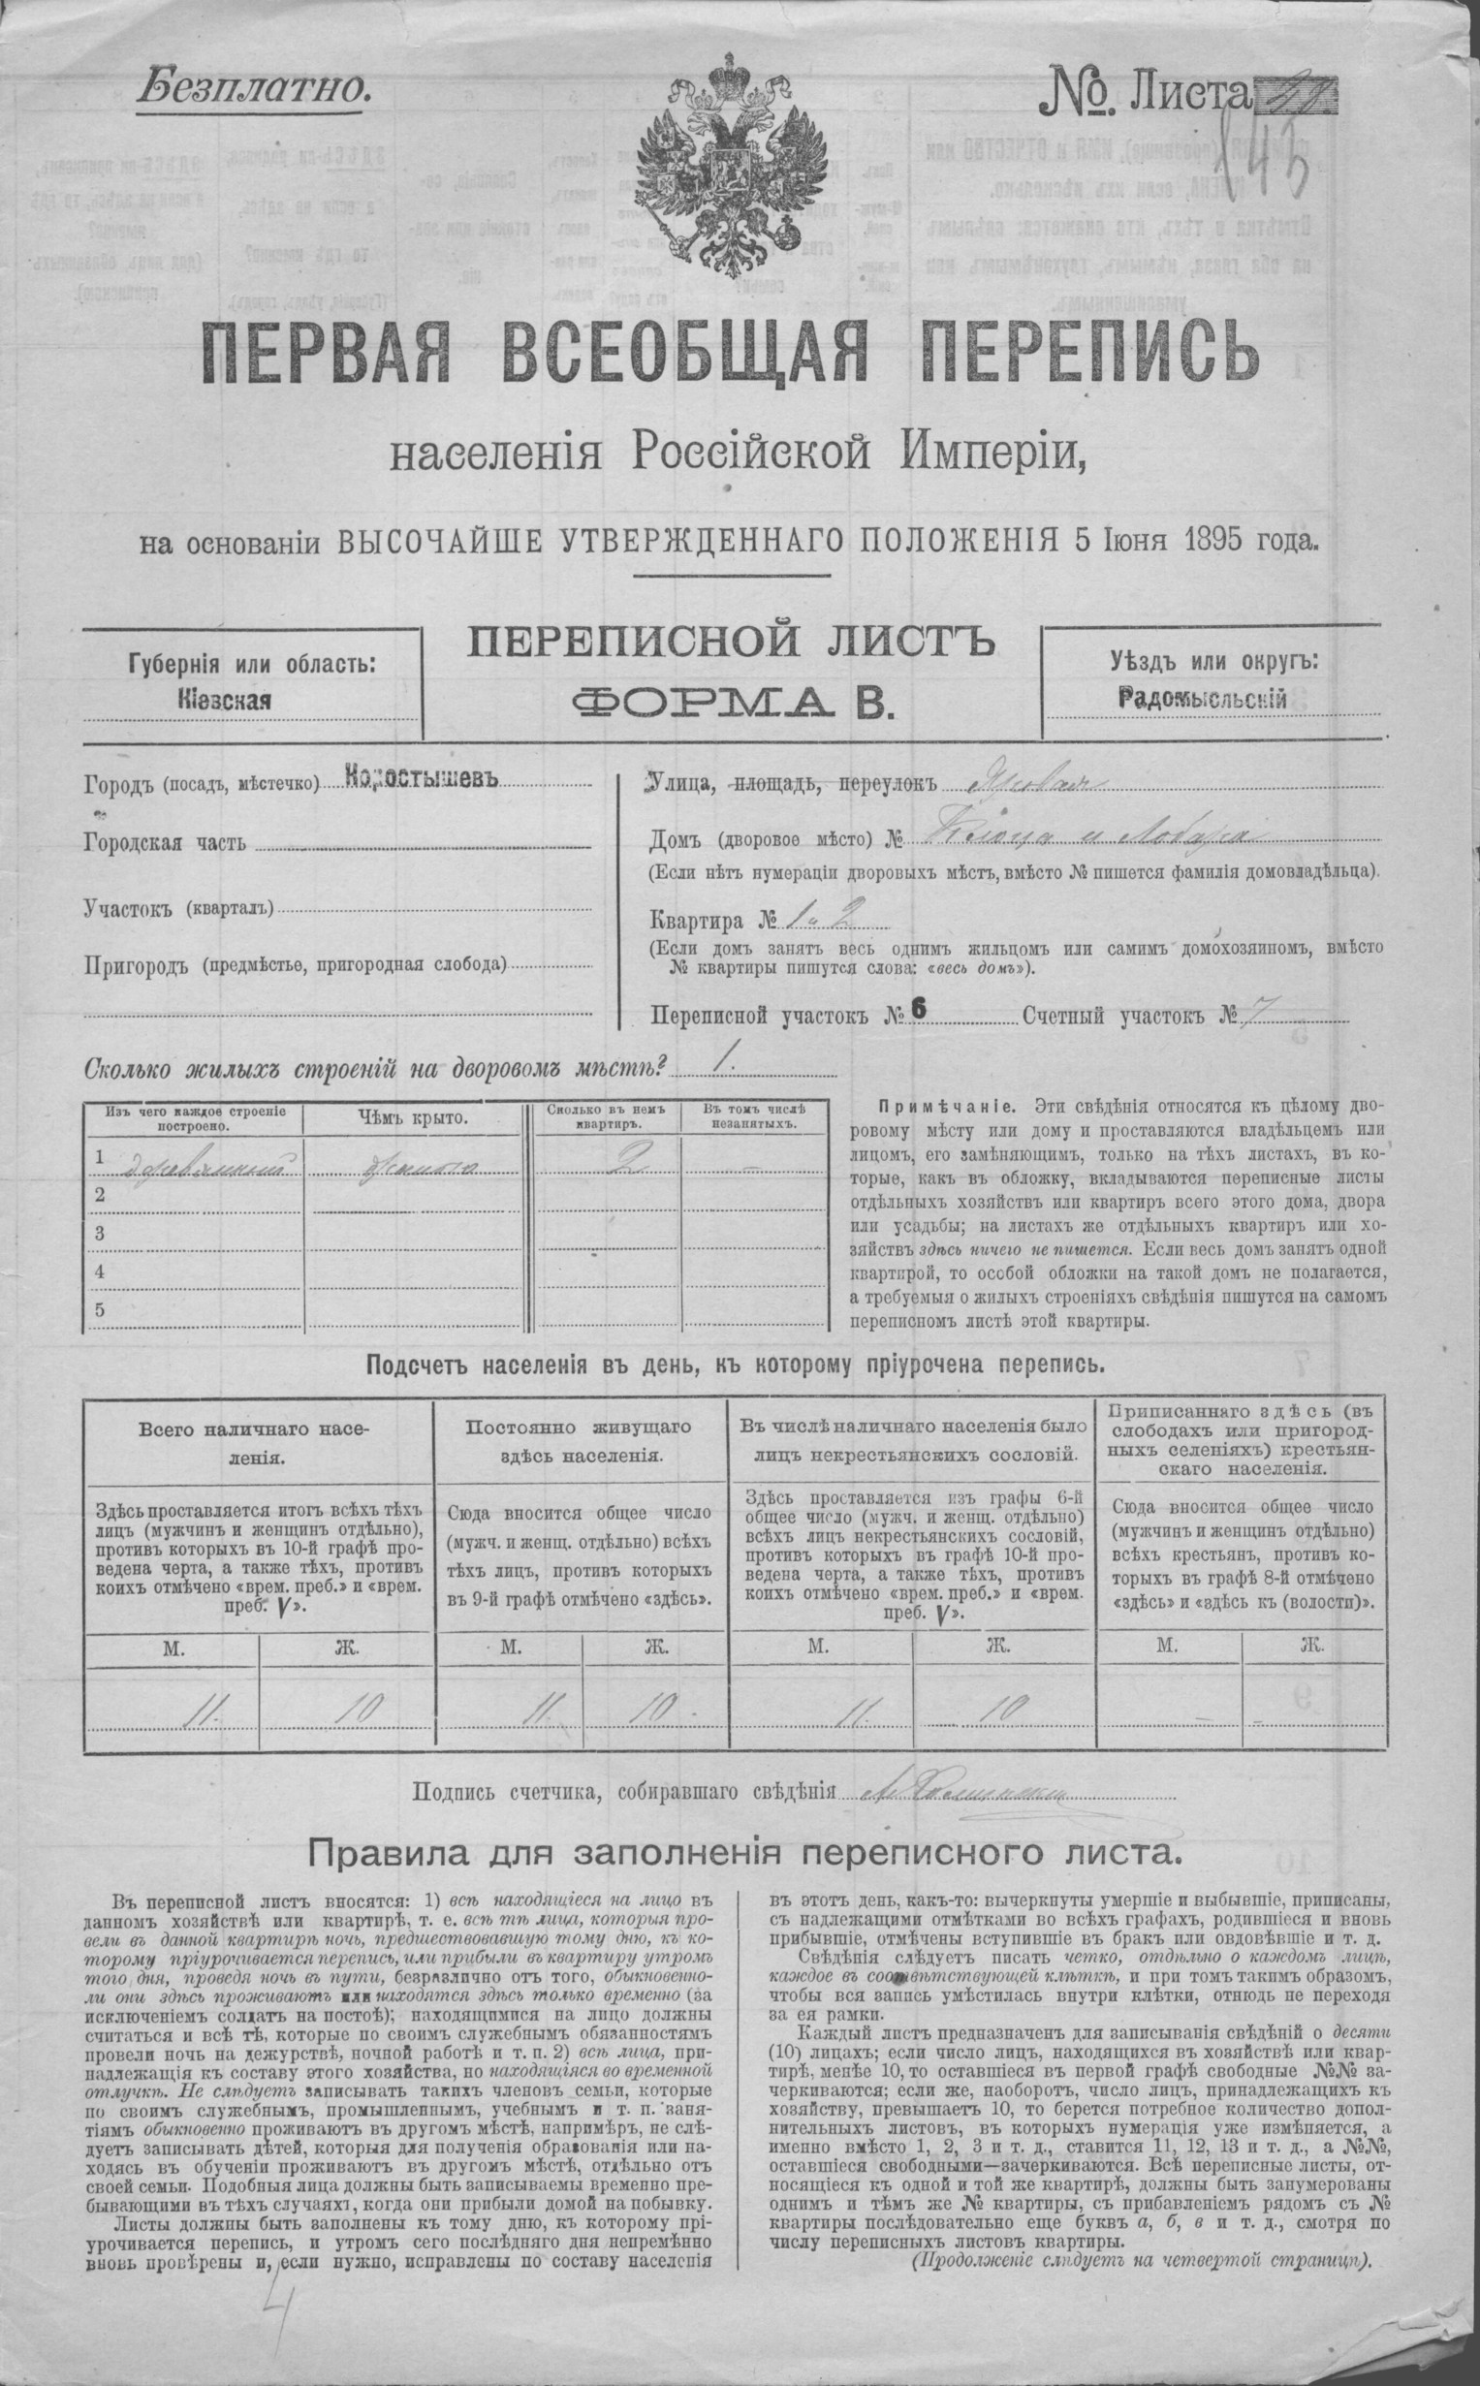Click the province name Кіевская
223,701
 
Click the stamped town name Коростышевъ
422,780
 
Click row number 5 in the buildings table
99,1310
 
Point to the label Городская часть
166,843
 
